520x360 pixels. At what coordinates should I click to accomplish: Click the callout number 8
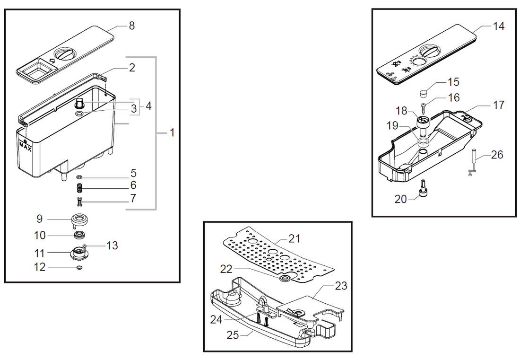click(131, 26)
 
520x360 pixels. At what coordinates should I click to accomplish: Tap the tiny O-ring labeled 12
click(79, 268)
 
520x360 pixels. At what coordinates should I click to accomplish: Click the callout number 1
click(172, 133)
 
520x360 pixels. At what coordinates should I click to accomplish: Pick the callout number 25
click(232, 335)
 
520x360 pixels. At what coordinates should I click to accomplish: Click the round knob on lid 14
click(431, 52)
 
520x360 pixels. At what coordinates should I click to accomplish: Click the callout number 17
click(499, 105)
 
